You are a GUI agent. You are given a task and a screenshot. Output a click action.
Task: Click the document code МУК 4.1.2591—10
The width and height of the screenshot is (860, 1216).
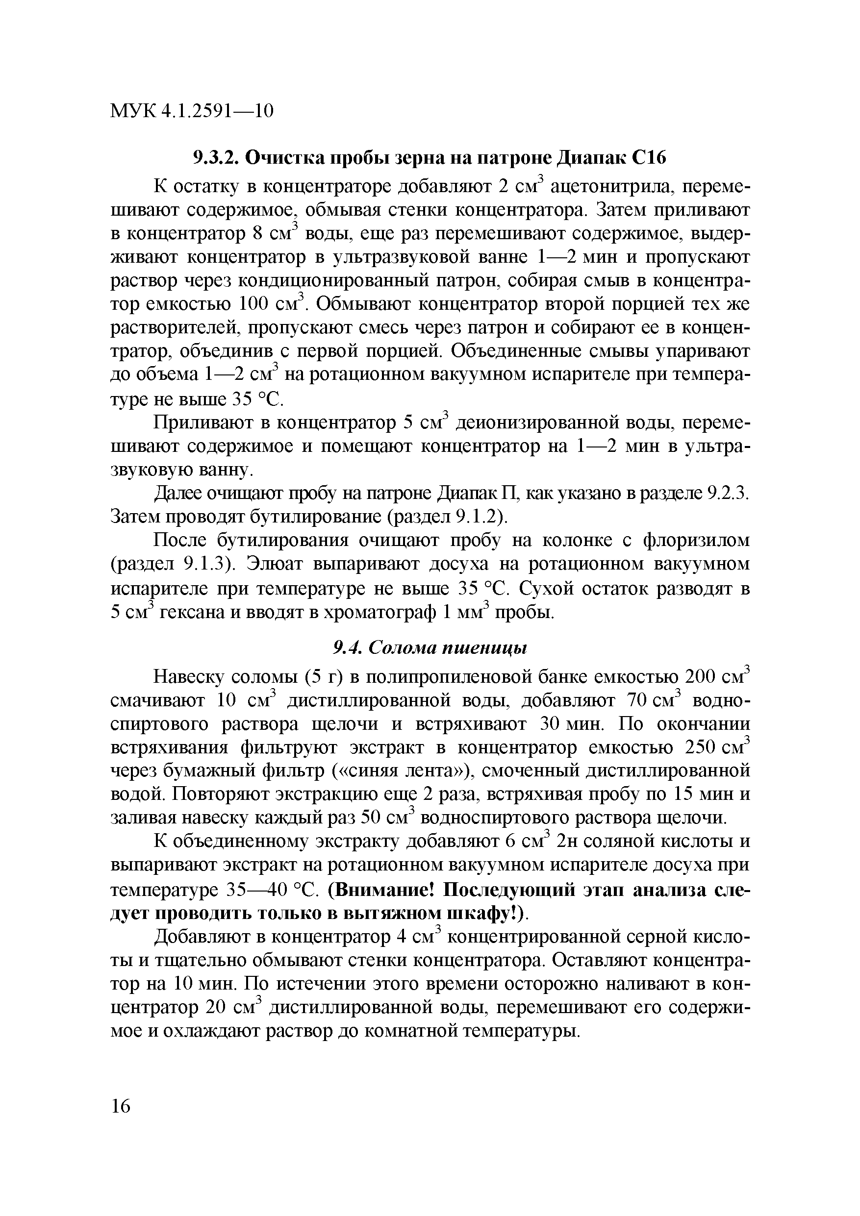[x=191, y=111]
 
